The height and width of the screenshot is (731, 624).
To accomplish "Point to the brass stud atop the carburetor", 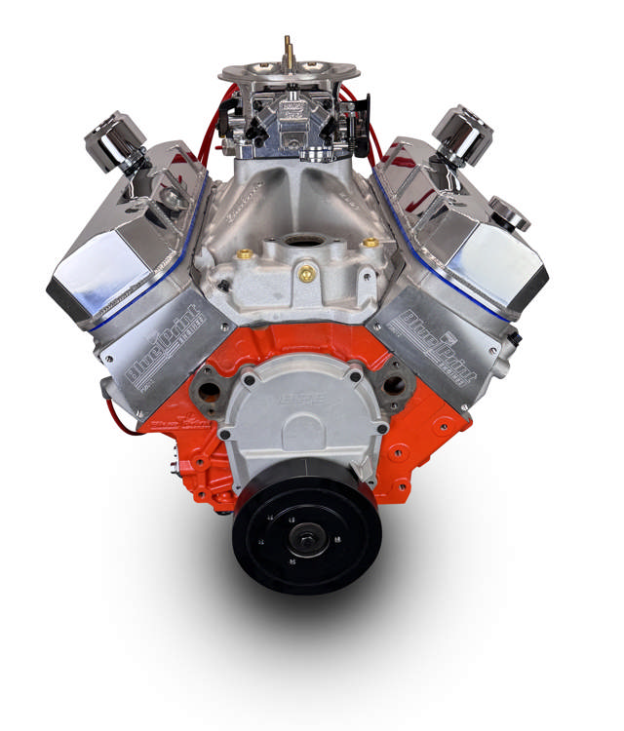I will (288, 50).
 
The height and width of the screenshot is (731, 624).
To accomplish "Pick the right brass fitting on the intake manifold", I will (369, 242).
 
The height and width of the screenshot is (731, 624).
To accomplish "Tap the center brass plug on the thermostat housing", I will (305, 275).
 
